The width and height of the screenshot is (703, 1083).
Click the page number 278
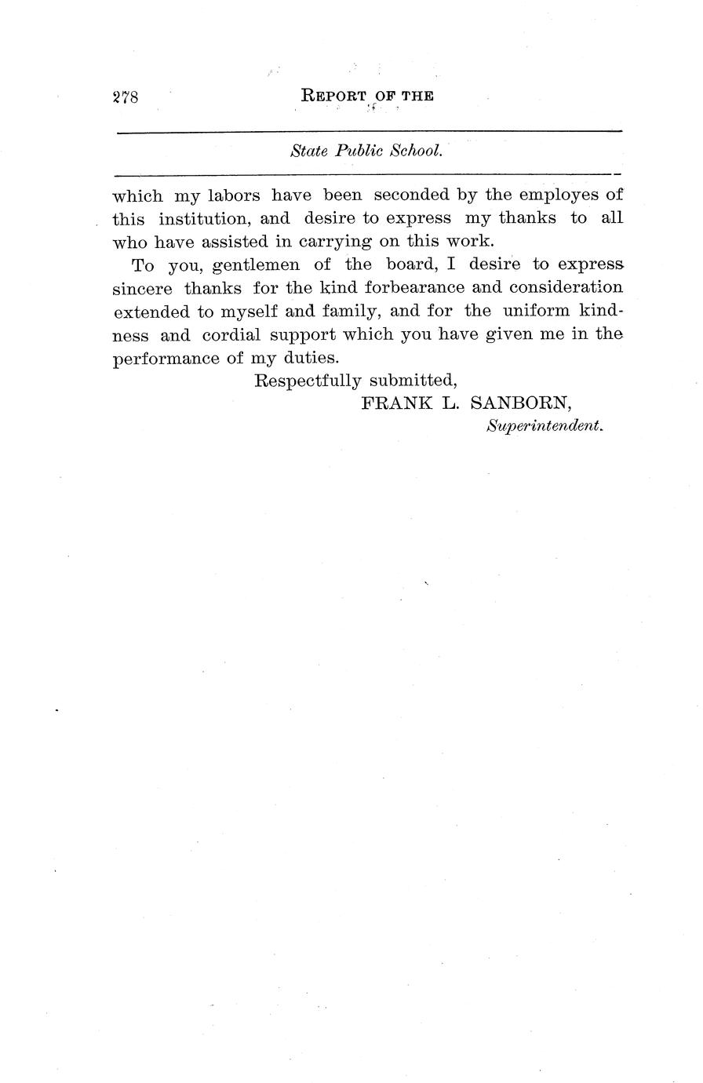126,97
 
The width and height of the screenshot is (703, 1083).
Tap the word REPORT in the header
333,97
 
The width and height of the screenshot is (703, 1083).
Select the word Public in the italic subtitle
357,151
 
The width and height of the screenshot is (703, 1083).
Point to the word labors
233,195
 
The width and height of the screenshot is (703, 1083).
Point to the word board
411,264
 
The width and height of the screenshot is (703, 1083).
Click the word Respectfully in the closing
308,381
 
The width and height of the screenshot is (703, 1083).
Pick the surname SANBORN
520,403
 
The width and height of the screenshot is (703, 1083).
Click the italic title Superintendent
545,426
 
